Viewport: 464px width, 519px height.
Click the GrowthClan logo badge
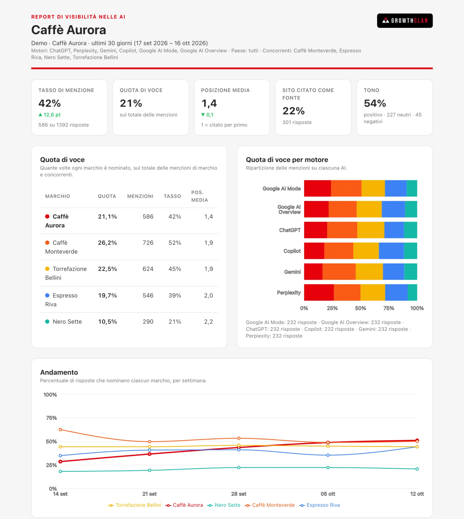click(x=405, y=21)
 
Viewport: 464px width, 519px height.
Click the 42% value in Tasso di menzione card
click(x=50, y=103)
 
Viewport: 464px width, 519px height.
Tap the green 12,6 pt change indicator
click(x=50, y=115)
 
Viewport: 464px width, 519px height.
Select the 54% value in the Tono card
click(x=375, y=103)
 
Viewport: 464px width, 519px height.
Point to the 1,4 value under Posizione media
click(x=209, y=103)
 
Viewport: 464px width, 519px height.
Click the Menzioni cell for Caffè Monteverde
click(x=148, y=243)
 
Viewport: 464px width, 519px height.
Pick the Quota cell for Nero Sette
click(x=107, y=322)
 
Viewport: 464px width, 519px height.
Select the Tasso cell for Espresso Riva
click(x=175, y=295)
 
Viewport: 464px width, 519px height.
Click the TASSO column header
click(x=172, y=196)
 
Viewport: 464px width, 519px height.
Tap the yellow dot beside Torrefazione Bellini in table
click(x=47, y=269)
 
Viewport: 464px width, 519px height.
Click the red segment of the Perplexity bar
click(x=319, y=293)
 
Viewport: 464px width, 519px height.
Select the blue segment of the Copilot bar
click(x=391, y=251)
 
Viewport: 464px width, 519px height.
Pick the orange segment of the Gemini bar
click(x=339, y=272)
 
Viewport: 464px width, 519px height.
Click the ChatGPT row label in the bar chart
click(x=290, y=230)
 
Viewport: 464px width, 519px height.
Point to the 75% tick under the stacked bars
click(x=389, y=308)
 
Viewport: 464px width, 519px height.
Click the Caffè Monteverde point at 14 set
click(x=60, y=429)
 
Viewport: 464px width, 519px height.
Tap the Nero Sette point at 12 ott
click(x=417, y=469)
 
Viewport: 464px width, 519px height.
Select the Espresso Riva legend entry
click(x=320, y=505)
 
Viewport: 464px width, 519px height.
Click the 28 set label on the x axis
click(x=239, y=494)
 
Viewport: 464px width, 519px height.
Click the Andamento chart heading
click(x=59, y=372)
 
